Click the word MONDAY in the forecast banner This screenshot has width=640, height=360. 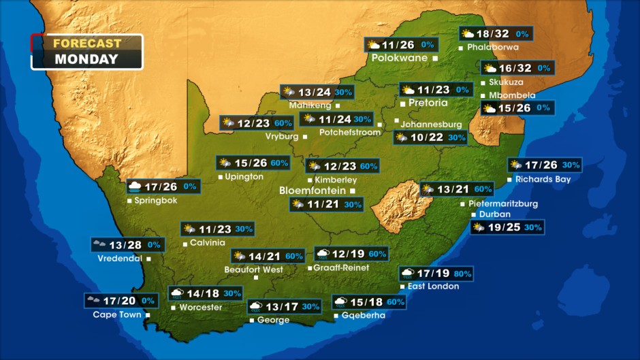(86, 59)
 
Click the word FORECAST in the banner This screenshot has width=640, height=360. (86, 43)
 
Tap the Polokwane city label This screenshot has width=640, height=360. (399, 58)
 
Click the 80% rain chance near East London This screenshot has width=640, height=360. (463, 274)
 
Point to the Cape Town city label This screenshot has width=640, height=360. (117, 314)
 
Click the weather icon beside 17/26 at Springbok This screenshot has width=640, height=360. (135, 186)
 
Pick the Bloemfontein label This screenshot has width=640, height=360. (313, 191)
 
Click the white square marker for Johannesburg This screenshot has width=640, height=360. (398, 121)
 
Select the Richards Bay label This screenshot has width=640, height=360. (543, 180)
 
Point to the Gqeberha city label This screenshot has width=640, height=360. (364, 315)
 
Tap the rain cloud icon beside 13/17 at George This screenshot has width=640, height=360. (256, 307)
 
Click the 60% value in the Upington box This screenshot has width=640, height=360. (280, 163)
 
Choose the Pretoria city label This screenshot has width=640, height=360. (428, 103)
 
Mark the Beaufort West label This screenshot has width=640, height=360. (253, 269)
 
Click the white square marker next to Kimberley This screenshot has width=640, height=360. (310, 180)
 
